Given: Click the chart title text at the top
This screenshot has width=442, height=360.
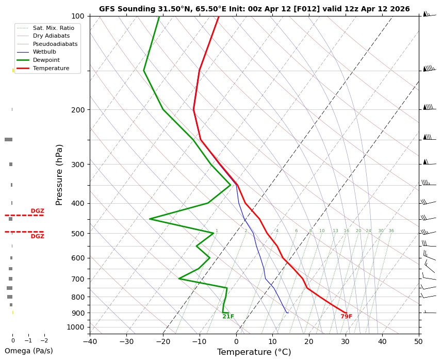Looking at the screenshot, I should point(254,9).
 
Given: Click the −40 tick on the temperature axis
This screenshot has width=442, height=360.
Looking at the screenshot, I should point(90,341).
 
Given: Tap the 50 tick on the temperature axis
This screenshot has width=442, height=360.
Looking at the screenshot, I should point(418,341).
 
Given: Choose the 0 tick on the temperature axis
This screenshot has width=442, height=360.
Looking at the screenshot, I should point(236,341).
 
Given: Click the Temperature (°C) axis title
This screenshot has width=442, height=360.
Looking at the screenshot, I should point(254,352).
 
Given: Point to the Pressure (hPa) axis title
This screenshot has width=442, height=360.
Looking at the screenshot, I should point(59,175).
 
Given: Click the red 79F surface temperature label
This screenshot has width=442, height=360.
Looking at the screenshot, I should point(346,317).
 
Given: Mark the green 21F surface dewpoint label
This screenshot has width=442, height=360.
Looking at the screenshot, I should point(228,317).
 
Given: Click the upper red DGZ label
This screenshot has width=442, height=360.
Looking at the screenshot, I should point(37,211).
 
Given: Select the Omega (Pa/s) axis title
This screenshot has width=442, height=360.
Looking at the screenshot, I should point(28,351).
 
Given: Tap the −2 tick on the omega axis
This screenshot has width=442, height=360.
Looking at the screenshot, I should point(44,340).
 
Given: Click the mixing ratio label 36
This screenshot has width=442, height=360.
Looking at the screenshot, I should point(391,231).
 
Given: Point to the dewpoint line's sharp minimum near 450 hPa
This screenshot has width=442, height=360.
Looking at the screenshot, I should point(150,219).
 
